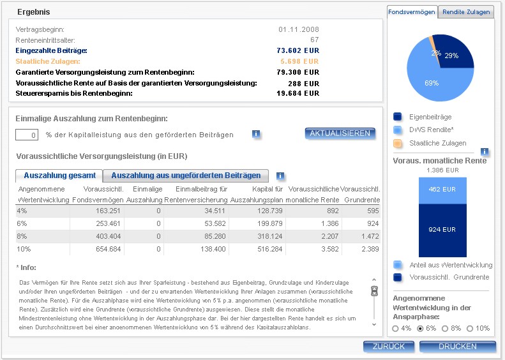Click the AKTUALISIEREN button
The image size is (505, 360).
340,133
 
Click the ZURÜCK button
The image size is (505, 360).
385,347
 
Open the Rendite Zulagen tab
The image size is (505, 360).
466,11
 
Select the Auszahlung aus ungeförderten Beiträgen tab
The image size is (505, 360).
186,176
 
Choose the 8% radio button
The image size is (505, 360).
446,328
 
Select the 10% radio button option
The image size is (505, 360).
471,328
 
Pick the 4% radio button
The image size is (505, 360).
396,328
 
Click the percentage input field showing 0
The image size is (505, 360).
27,135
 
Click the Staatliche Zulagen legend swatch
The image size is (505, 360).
398,143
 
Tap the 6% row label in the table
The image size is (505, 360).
23,223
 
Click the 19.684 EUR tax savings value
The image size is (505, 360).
298,93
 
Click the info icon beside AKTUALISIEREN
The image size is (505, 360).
256,134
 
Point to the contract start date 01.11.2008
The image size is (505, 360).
298,29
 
